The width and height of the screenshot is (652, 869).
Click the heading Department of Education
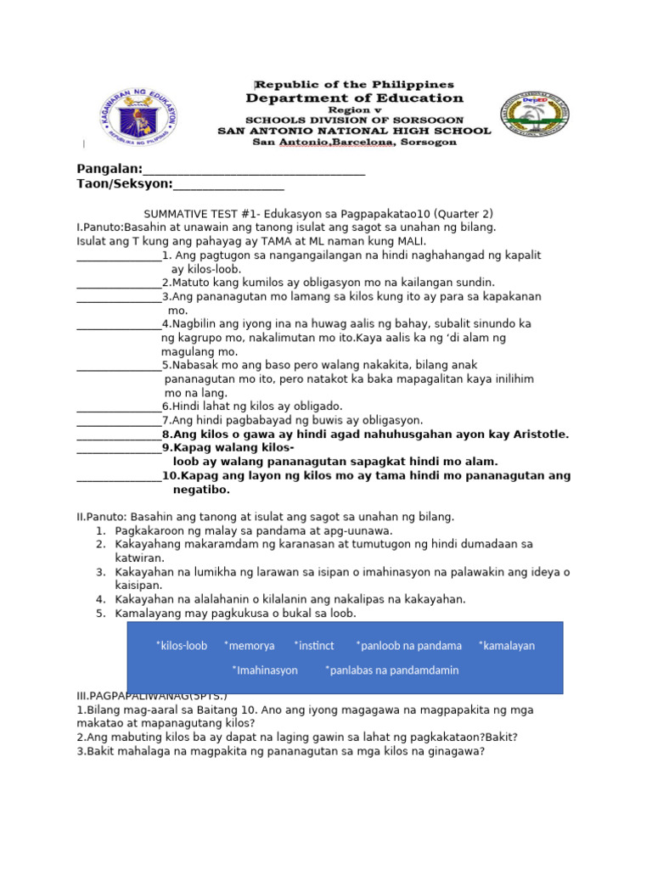[x=355, y=98]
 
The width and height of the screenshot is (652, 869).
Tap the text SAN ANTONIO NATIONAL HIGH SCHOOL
[x=354, y=132]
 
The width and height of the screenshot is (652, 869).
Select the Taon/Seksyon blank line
[x=228, y=184]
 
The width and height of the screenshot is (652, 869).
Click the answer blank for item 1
[x=118, y=255]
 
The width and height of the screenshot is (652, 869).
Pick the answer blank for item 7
[x=118, y=421]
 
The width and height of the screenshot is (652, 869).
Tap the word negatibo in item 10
[x=202, y=490]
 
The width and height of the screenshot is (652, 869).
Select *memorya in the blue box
[x=250, y=646]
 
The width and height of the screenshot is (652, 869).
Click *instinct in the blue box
[x=314, y=646]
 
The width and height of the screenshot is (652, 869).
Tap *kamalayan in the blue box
[x=507, y=646]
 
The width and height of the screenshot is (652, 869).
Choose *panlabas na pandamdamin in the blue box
[x=391, y=670]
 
